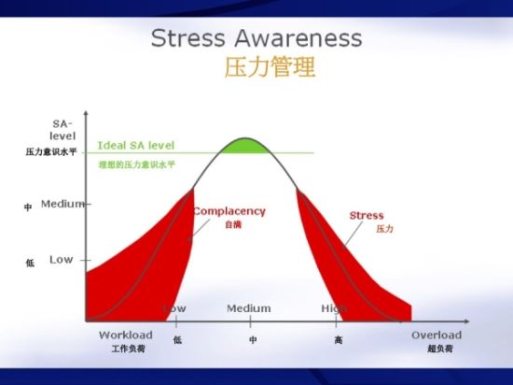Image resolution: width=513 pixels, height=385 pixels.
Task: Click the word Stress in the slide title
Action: click(x=182, y=38)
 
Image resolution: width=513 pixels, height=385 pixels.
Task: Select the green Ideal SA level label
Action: click(x=135, y=145)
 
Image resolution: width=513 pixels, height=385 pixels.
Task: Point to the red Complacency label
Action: click(x=229, y=211)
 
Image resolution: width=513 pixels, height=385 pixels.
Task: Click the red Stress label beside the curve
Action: click(x=366, y=216)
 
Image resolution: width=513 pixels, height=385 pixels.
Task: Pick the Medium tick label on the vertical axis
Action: click(x=62, y=204)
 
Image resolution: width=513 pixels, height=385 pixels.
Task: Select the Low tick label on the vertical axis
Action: click(x=61, y=259)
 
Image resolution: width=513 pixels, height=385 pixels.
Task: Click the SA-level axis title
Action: click(x=62, y=130)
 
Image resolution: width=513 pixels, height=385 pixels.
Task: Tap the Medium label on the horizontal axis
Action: click(x=249, y=308)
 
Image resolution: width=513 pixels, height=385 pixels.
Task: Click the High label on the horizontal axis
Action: click(x=334, y=308)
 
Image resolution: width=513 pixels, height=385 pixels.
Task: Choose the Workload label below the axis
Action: click(x=125, y=335)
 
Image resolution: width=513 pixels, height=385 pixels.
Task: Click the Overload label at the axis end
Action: click(x=436, y=335)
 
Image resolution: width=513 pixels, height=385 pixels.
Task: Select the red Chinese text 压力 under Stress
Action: click(x=383, y=229)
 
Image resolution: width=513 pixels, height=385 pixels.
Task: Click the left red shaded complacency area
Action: click(x=131, y=271)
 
